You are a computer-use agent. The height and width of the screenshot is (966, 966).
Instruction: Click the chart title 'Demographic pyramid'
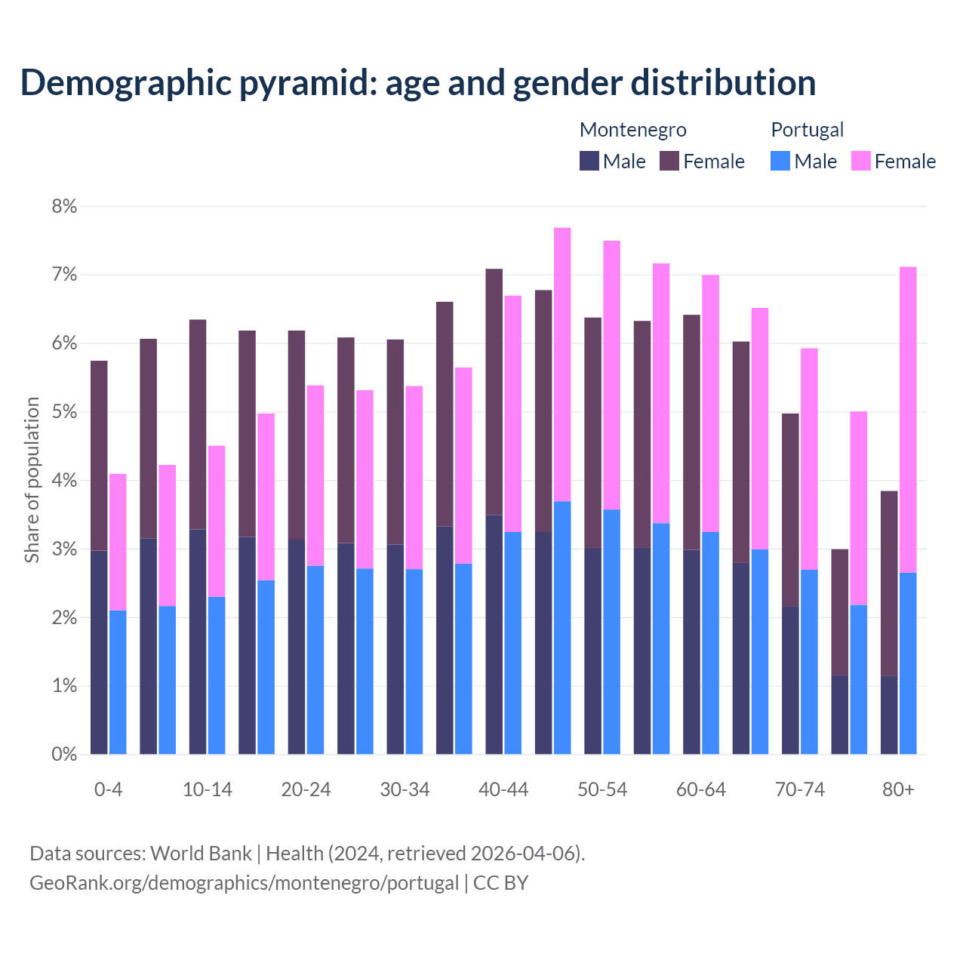(417, 83)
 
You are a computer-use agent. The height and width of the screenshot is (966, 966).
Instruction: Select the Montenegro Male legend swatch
(589, 161)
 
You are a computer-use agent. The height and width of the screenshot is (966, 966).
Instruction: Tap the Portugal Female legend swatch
(860, 161)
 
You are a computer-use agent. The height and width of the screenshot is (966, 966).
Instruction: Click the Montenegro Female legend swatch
(669, 161)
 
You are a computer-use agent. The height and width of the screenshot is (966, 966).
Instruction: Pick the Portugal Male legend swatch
(780, 161)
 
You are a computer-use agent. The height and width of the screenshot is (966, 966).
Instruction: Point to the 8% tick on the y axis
(65, 207)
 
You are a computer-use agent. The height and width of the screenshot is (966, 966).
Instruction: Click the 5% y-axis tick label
(65, 412)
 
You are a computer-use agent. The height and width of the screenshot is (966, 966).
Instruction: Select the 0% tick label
(65, 754)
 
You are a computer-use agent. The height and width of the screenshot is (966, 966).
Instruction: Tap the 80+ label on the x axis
(898, 790)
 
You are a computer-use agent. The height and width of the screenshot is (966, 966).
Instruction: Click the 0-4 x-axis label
(108, 790)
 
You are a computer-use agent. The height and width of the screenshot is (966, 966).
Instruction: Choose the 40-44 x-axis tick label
(503, 790)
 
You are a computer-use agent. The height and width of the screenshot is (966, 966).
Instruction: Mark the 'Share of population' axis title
(32, 480)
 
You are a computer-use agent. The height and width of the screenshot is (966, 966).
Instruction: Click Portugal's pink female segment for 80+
(908, 420)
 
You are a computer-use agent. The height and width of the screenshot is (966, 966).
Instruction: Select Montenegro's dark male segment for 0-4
(99, 652)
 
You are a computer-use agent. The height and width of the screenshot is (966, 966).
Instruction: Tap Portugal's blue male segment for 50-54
(611, 632)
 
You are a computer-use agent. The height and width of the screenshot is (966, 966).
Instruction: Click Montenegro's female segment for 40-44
(494, 392)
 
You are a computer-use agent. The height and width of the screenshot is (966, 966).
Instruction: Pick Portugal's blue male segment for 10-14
(217, 675)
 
